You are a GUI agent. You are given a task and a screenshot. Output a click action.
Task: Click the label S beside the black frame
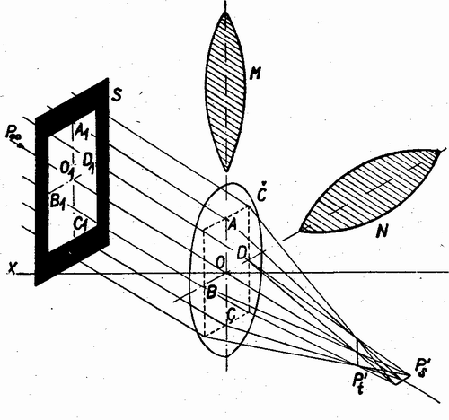(116, 95)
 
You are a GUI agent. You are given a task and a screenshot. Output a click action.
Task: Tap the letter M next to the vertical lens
(255, 73)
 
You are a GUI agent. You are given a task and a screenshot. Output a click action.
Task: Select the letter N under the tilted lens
(383, 231)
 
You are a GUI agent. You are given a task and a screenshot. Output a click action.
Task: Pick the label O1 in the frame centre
(66, 171)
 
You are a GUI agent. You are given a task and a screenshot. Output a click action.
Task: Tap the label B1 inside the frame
(57, 203)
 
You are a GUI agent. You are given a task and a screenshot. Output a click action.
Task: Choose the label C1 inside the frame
(81, 224)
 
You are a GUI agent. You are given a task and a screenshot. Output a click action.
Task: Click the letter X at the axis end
(13, 269)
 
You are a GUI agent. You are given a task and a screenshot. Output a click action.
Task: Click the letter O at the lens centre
(221, 263)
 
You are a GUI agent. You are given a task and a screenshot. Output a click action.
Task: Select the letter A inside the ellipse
(232, 224)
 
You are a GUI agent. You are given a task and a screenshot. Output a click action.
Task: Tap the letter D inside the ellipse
(242, 253)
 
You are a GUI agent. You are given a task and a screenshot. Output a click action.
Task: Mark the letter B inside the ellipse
(211, 292)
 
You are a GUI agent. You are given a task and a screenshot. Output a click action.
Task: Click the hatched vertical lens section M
(225, 92)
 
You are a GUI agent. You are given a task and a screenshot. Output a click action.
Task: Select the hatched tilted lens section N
(370, 190)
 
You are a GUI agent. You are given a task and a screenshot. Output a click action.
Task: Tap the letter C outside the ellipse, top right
(262, 195)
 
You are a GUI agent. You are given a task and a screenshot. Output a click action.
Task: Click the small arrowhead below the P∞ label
(21, 146)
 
